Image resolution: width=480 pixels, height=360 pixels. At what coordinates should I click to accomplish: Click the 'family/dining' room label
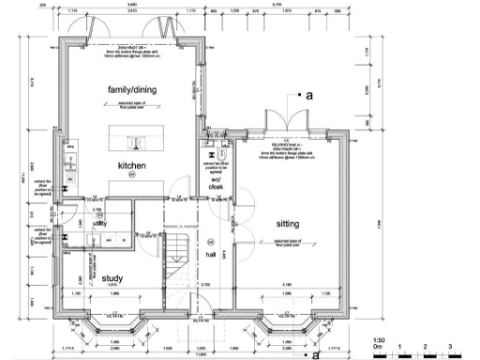pos(131,89)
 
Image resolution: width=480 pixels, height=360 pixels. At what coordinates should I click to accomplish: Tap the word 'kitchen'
pos(131,165)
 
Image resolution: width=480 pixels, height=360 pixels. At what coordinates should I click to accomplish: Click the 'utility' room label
pos(98,224)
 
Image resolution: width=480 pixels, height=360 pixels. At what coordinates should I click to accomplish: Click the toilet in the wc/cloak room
pos(212,149)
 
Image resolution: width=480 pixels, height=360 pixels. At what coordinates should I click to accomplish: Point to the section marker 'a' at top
pos(307,96)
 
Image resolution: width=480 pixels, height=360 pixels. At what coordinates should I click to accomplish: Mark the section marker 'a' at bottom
pos(317,355)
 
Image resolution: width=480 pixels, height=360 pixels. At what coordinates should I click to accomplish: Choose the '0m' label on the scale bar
pos(376,347)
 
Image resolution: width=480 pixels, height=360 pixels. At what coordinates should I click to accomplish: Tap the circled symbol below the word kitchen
pos(132,174)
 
